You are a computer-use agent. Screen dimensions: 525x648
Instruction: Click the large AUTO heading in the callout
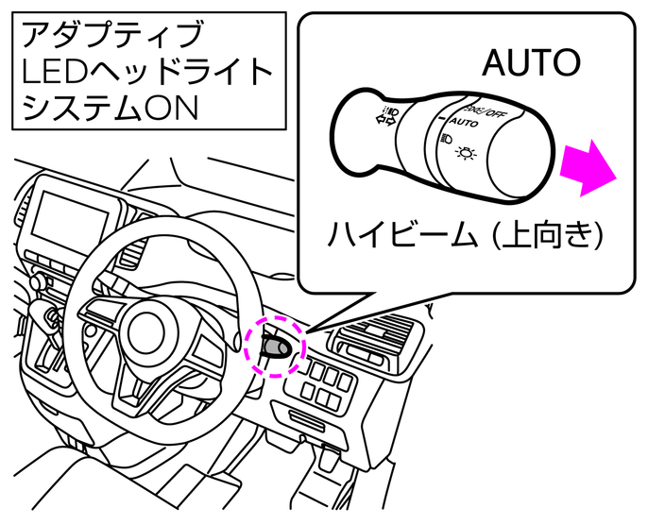529,63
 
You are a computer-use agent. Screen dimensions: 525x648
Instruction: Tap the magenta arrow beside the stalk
588,167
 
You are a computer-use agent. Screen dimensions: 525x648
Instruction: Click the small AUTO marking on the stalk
463,124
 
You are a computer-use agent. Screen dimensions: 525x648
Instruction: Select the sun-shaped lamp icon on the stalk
467,154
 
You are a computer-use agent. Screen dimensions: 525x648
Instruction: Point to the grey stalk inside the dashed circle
275,347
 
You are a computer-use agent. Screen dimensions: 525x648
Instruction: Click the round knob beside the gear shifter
38,281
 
